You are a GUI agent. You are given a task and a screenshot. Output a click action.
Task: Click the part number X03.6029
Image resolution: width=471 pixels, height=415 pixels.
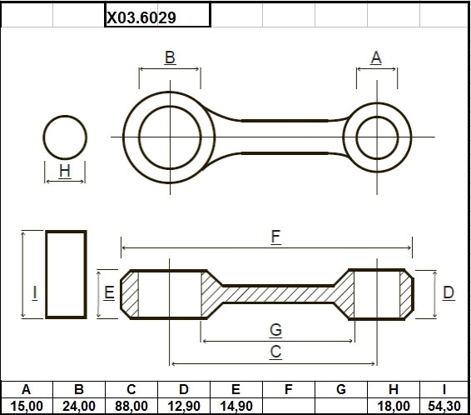(141, 17)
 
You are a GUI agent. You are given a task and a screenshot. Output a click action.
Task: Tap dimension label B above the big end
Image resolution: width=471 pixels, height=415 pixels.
(170, 57)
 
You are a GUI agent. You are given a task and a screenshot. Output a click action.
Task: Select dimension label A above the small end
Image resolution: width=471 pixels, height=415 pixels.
(376, 57)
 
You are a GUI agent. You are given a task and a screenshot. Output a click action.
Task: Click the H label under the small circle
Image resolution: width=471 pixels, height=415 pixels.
(65, 171)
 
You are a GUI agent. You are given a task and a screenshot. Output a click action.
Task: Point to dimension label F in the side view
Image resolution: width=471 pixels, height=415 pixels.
(275, 237)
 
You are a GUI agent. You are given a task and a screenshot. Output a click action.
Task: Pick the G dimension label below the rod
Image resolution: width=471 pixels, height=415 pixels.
(275, 330)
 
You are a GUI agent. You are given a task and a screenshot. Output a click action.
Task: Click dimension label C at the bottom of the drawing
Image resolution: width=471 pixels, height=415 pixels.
(275, 352)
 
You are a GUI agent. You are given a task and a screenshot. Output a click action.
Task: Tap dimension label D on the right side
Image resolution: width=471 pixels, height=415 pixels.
(449, 292)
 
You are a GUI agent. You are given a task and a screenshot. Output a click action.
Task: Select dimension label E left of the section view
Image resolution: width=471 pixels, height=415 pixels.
(109, 292)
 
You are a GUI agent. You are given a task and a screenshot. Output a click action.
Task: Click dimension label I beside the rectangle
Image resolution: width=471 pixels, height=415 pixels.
(35, 292)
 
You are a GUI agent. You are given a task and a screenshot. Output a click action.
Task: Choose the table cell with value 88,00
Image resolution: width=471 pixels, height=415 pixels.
(131, 407)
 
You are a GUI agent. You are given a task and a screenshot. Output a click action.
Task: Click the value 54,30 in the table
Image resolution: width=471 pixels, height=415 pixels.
(444, 407)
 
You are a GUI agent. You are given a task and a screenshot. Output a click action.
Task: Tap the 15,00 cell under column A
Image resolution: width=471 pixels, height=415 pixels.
(27, 407)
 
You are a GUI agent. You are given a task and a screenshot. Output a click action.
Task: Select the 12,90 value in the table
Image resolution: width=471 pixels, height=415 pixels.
(184, 407)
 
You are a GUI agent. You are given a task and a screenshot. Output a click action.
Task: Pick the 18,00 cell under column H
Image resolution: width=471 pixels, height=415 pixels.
(394, 407)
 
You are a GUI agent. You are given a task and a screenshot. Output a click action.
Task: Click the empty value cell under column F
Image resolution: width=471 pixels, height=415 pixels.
(289, 407)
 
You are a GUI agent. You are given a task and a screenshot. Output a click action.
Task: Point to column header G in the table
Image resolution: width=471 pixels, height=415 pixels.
(341, 389)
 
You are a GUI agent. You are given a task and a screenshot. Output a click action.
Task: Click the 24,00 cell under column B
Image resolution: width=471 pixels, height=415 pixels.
(79, 407)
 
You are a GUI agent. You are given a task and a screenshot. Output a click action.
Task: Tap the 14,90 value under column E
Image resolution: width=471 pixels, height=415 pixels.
(236, 407)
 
